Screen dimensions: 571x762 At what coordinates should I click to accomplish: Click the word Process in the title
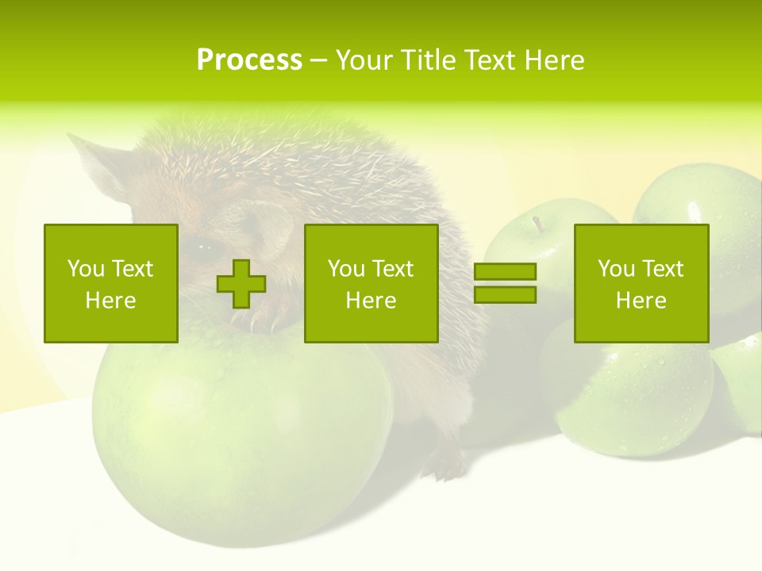pyautogui.click(x=249, y=60)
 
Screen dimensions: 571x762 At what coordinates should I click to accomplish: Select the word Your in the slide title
pyautogui.click(x=363, y=60)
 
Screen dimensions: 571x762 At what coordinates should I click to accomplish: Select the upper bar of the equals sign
pyautogui.click(x=505, y=272)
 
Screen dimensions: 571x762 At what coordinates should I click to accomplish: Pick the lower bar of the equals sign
pyautogui.click(x=505, y=294)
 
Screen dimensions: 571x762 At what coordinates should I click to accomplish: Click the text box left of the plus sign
pyautogui.click(x=110, y=283)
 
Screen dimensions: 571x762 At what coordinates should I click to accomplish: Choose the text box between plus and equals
pyautogui.click(x=371, y=283)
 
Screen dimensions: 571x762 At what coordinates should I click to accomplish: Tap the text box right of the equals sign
pyautogui.click(x=641, y=283)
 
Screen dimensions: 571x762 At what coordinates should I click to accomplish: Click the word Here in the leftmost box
pyautogui.click(x=110, y=301)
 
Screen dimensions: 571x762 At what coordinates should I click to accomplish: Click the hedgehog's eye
pyautogui.click(x=204, y=247)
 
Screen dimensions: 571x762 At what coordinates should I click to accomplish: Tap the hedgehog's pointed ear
pyautogui.click(x=91, y=159)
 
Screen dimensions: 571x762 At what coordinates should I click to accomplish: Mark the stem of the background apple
pyautogui.click(x=539, y=224)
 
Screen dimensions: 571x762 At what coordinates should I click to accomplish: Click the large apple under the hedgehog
pyautogui.click(x=238, y=428)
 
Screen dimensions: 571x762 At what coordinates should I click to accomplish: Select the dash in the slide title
pyautogui.click(x=319, y=60)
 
